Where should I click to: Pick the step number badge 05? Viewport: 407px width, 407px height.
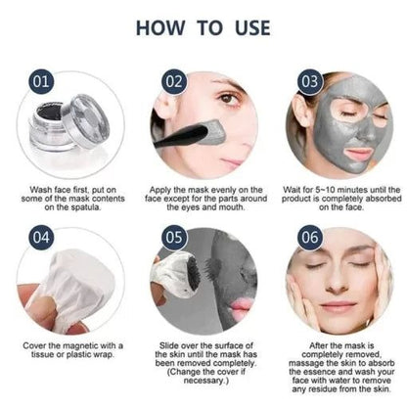173,236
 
